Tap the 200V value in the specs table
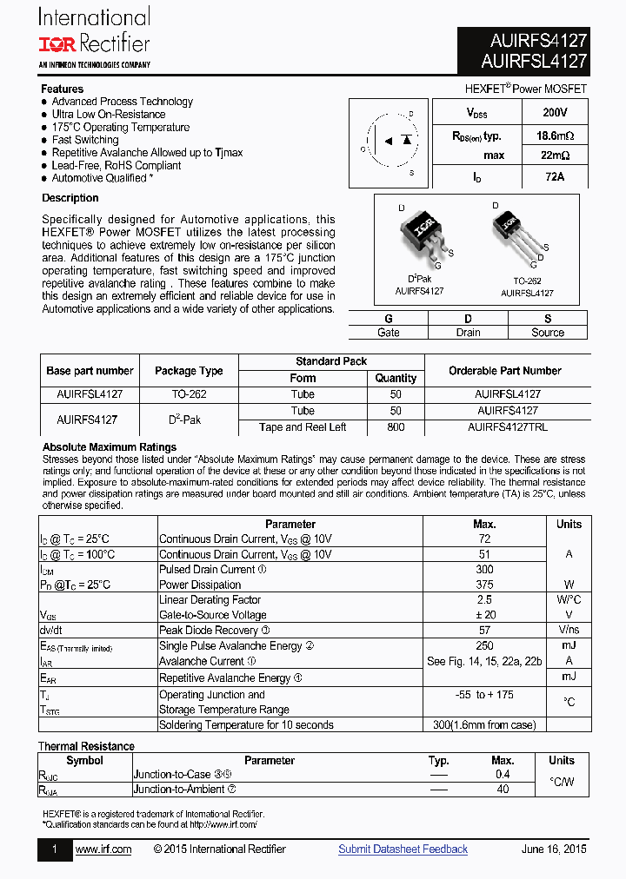tap(554, 113)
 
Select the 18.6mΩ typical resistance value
tap(554, 135)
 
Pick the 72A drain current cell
tap(554, 177)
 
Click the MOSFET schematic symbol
tap(389, 142)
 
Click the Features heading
tap(63, 89)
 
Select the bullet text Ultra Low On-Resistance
tap(109, 115)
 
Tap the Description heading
tap(70, 198)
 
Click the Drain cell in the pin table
tap(468, 333)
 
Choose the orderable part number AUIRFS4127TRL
tap(508, 427)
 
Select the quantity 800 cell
tap(396, 427)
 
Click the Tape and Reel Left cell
tap(303, 427)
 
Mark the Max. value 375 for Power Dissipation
tap(484, 585)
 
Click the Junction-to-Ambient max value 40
tap(503, 790)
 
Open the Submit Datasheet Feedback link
tap(403, 849)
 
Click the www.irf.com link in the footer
tap(103, 849)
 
